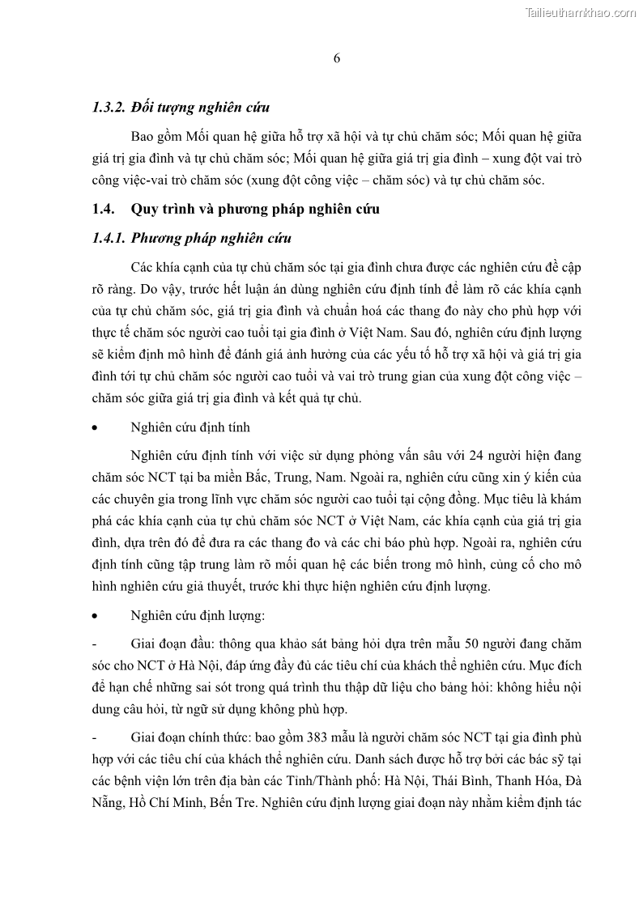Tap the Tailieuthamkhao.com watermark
[x=581, y=12]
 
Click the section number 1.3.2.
[x=111, y=107]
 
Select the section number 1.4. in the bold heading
[x=104, y=210]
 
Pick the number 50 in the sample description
[x=472, y=644]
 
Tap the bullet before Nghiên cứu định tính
[x=96, y=427]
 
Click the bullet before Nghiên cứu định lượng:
[x=96, y=616]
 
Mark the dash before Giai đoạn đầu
[x=96, y=644]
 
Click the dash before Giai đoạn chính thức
[x=96, y=738]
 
